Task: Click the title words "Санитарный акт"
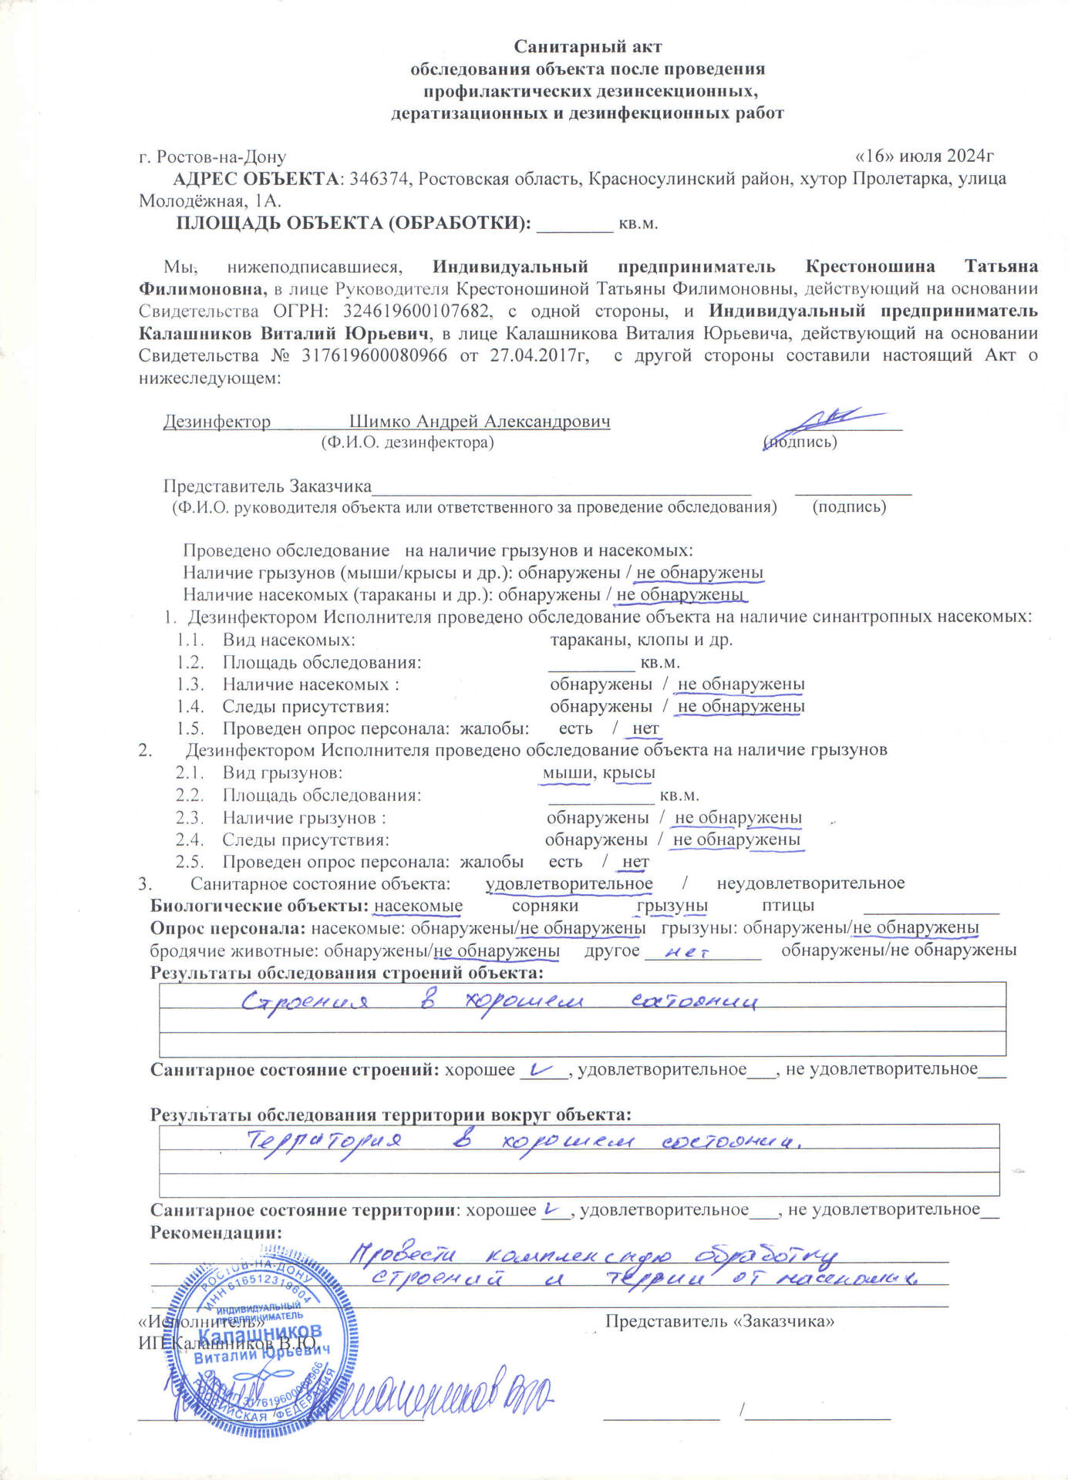[x=588, y=47]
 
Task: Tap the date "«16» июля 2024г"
[x=925, y=156]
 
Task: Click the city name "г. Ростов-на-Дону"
[x=212, y=157]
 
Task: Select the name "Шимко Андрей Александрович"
[x=480, y=422]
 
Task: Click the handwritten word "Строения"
[x=304, y=1002]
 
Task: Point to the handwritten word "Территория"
[x=323, y=1140]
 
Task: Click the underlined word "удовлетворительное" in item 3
[x=568, y=884]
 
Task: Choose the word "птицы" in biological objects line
[x=787, y=906]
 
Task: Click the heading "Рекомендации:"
[x=216, y=1232]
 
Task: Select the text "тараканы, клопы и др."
[x=641, y=640]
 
